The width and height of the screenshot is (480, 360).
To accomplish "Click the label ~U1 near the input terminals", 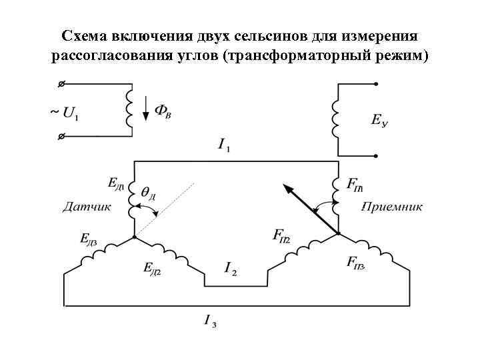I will pyautogui.click(x=63, y=111).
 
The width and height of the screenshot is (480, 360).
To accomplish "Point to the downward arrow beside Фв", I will pyautogui.click(x=146, y=107).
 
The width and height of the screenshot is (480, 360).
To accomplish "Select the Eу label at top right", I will pyautogui.click(x=380, y=121).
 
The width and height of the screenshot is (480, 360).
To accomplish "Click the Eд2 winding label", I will pyautogui.click(x=153, y=269).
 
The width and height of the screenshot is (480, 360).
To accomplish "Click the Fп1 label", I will pyautogui.click(x=355, y=183).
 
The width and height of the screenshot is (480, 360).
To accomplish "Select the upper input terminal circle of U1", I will pyautogui.click(x=61, y=85).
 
